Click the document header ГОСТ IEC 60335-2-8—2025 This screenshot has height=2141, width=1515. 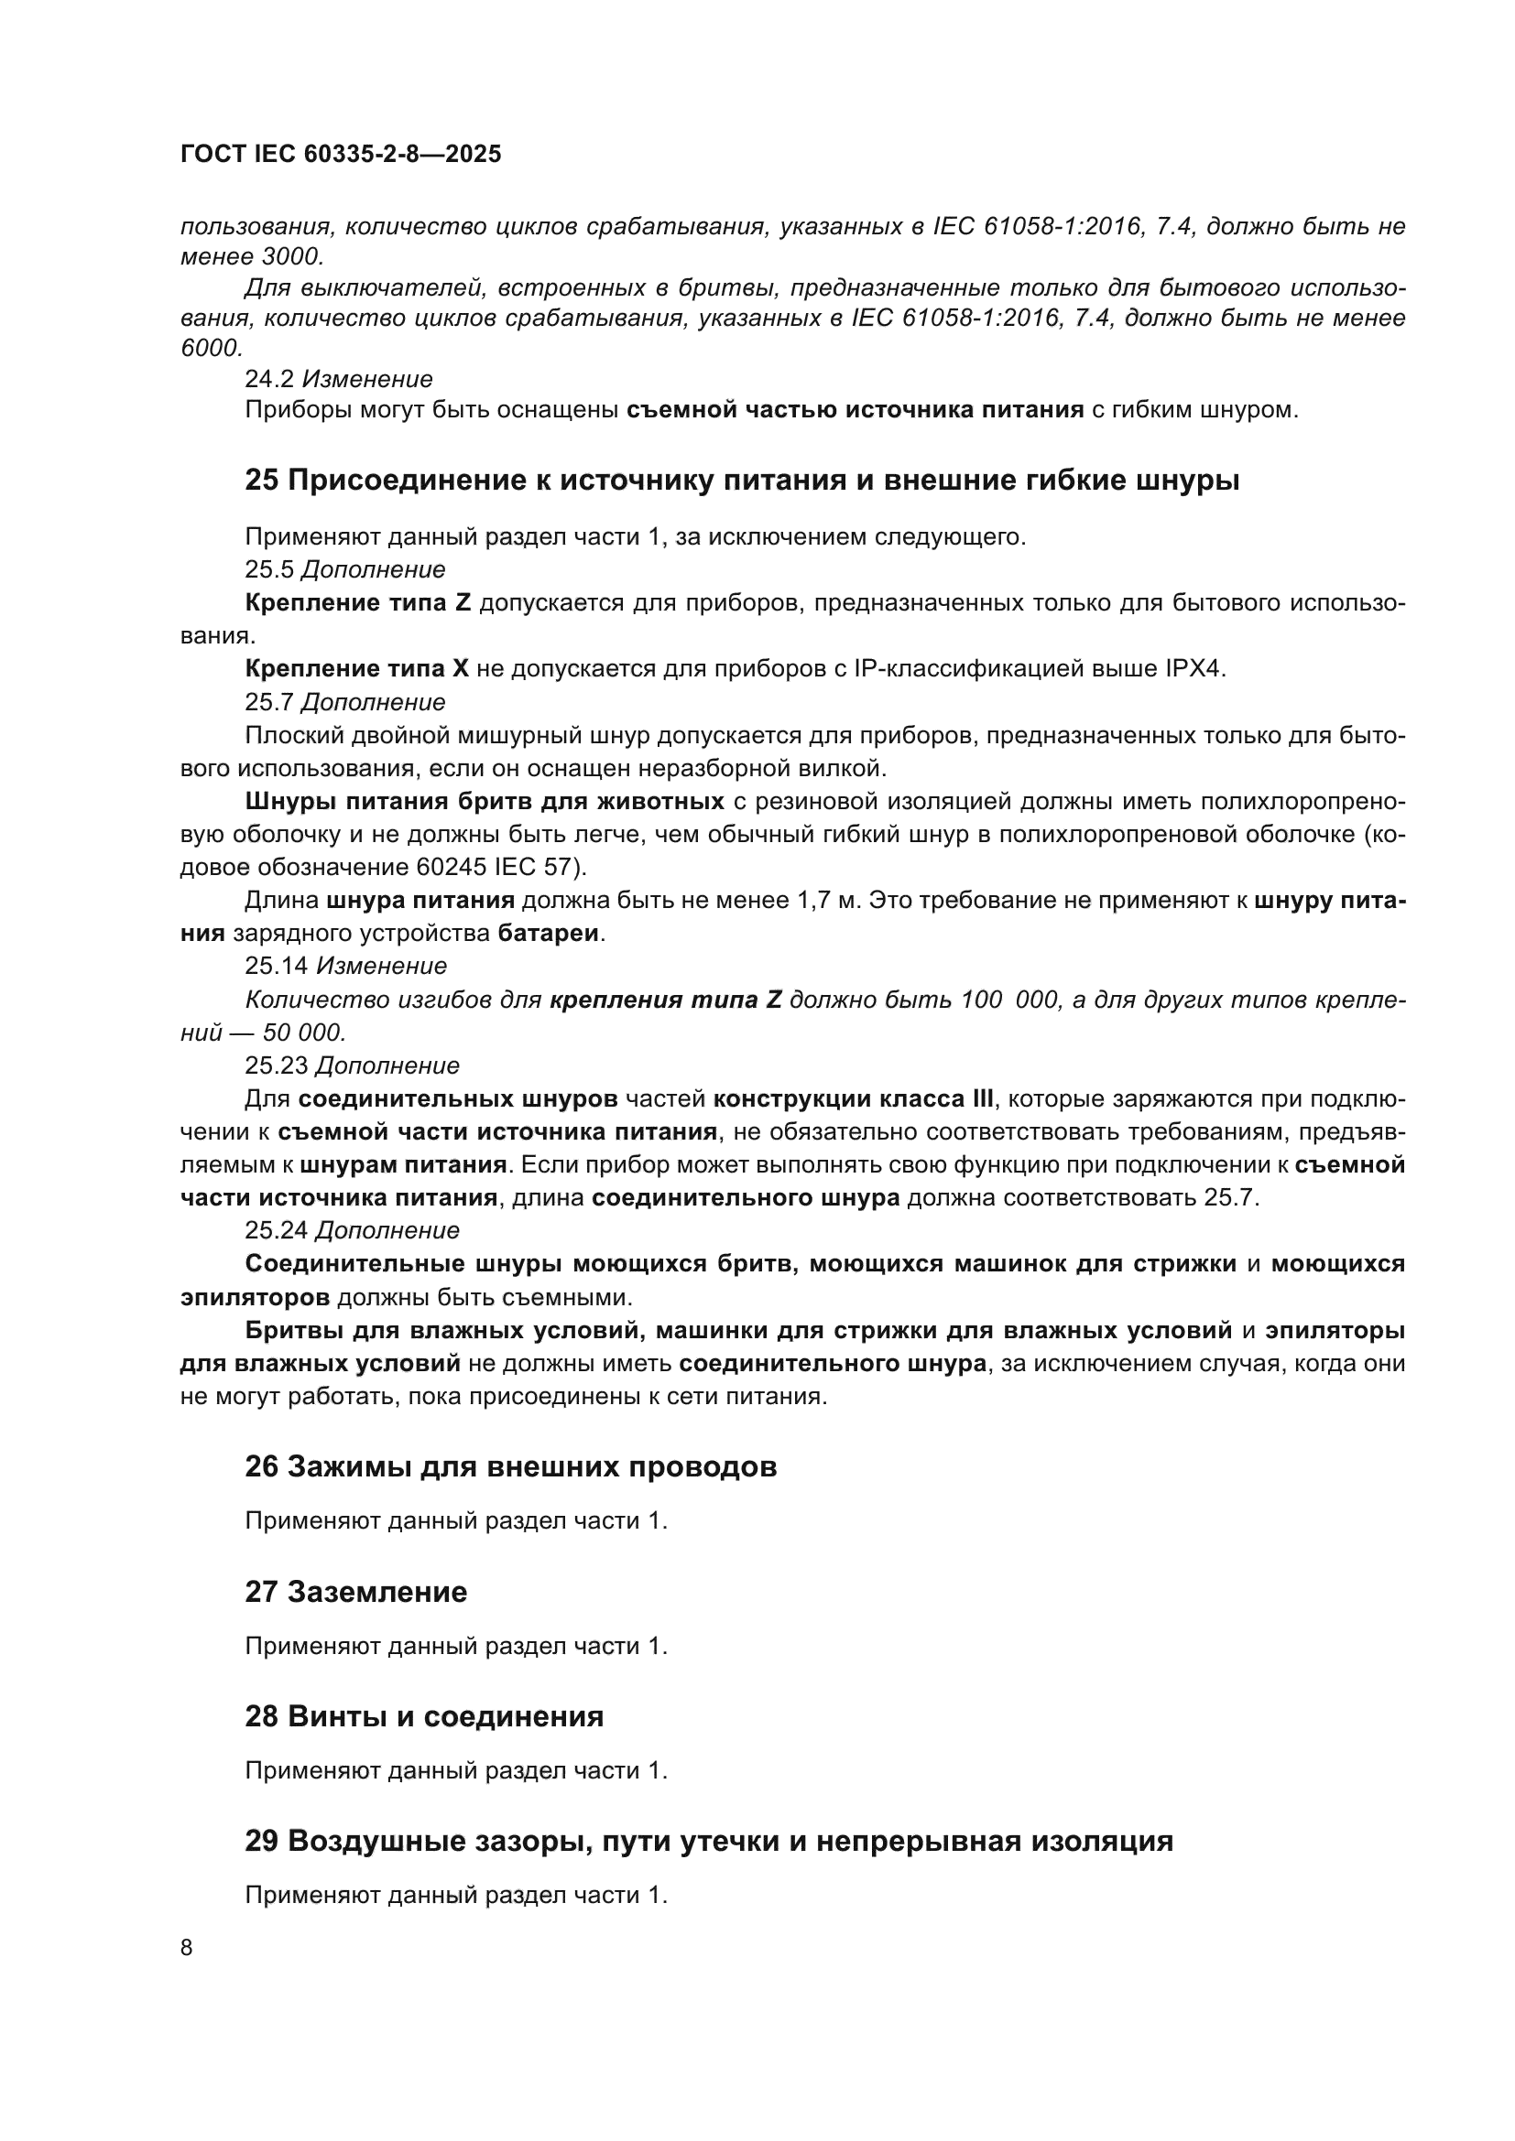point(341,154)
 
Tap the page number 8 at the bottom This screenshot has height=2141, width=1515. point(187,1948)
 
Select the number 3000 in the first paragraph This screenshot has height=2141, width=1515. point(292,256)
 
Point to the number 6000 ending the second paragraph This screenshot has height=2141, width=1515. point(210,349)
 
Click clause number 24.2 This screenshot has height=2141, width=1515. point(268,380)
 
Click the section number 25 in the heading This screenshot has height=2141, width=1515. point(261,481)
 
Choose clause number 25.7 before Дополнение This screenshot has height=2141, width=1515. point(268,702)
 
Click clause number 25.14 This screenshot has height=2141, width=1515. point(276,966)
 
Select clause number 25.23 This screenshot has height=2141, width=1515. point(276,1065)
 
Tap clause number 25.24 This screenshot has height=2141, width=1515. point(276,1231)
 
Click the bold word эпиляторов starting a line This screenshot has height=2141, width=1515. point(255,1298)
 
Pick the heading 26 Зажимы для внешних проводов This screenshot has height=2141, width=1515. point(510,1466)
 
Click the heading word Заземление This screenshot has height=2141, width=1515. point(376,1592)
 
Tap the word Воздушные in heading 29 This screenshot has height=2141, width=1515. point(375,1842)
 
